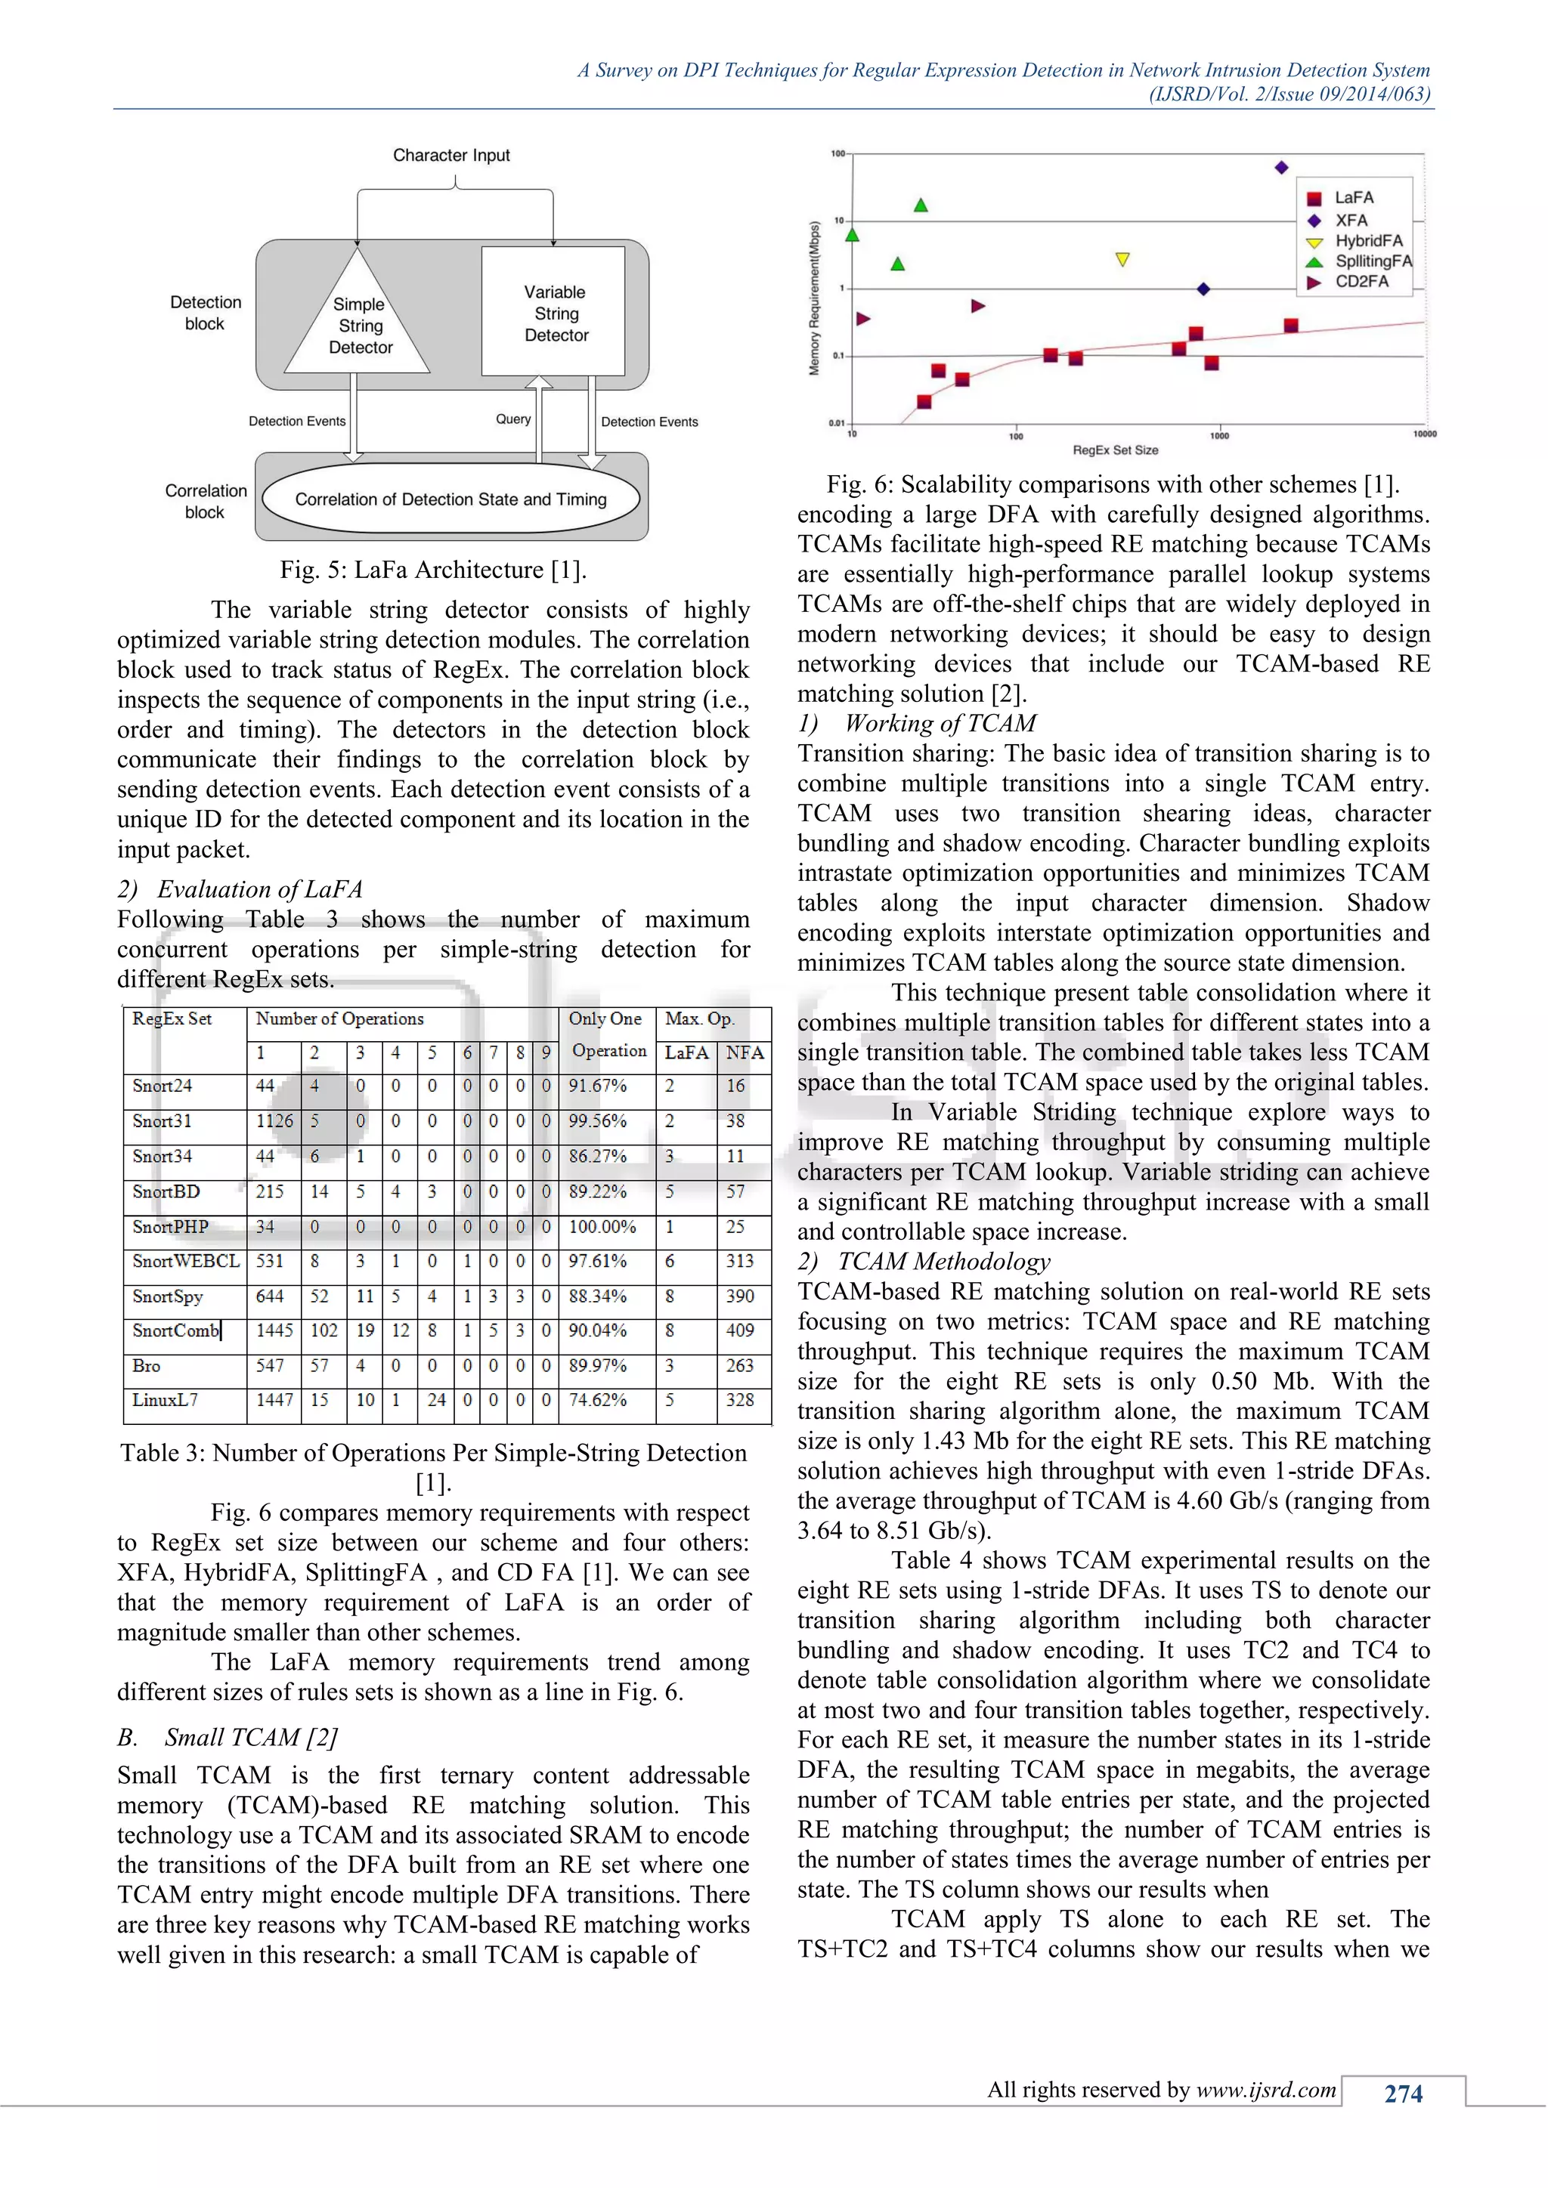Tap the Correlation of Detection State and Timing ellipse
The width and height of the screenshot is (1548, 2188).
pos(450,499)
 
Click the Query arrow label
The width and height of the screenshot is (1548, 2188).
pos(512,419)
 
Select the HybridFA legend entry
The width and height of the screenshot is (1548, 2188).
pos(1366,241)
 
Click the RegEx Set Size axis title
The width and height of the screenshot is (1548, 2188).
pos(1115,450)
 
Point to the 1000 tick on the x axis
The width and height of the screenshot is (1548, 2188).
pos(1219,435)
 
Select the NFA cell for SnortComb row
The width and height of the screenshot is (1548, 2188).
pos(740,1330)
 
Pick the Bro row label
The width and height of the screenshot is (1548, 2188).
pos(147,1365)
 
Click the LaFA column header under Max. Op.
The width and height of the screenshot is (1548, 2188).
pos(686,1053)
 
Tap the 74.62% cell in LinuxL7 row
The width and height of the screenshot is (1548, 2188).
pos(598,1400)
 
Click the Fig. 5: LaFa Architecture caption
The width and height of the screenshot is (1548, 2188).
pos(433,570)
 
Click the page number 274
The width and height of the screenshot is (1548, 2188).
pos(1402,2094)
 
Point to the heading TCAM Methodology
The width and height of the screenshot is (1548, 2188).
pos(943,1262)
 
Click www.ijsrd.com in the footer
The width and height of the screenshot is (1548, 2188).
pos(1266,2090)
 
